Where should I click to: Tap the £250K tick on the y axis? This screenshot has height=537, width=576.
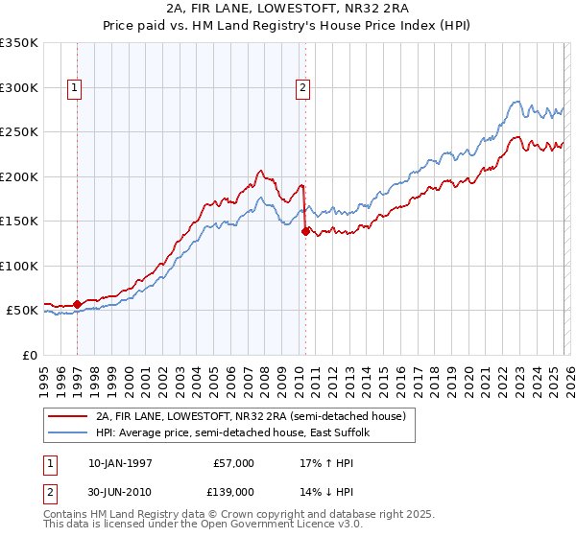point(19,132)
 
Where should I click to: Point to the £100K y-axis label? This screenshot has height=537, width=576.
point(19,266)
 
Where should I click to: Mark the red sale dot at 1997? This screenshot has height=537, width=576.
point(78,304)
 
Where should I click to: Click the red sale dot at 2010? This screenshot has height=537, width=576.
point(305,231)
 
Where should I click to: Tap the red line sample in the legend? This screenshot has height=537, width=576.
point(67,417)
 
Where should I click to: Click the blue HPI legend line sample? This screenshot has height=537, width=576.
point(67,432)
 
